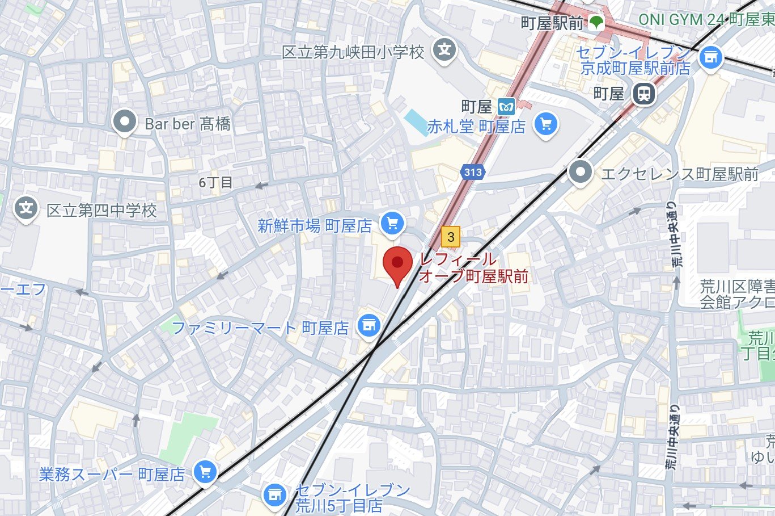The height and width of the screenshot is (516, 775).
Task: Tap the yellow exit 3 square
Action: [451, 237]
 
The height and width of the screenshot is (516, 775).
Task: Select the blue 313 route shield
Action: [472, 172]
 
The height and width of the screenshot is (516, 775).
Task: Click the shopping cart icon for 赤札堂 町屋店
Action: [546, 125]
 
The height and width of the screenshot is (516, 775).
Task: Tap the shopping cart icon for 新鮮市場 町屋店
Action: [392, 224]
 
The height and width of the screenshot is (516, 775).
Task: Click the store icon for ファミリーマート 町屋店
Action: [369, 326]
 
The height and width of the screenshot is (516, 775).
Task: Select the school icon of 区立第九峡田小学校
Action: [445, 51]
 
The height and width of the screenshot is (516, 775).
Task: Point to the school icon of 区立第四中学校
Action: [26, 209]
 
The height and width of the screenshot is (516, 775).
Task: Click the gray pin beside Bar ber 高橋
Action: [124, 122]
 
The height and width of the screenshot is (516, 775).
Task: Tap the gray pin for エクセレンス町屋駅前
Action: [580, 172]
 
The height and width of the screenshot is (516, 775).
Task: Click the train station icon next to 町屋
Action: [643, 94]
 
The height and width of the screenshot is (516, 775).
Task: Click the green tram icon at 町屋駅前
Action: [595, 23]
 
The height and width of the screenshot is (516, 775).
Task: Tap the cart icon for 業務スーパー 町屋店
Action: [205, 472]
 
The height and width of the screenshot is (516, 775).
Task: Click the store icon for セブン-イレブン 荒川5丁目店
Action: [275, 495]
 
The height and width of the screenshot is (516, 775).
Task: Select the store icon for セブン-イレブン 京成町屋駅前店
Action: [710, 57]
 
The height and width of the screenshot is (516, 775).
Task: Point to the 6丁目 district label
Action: [215, 183]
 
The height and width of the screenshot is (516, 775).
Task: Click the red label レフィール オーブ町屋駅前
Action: [473, 268]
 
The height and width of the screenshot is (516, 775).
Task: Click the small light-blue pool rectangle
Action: [417, 122]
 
